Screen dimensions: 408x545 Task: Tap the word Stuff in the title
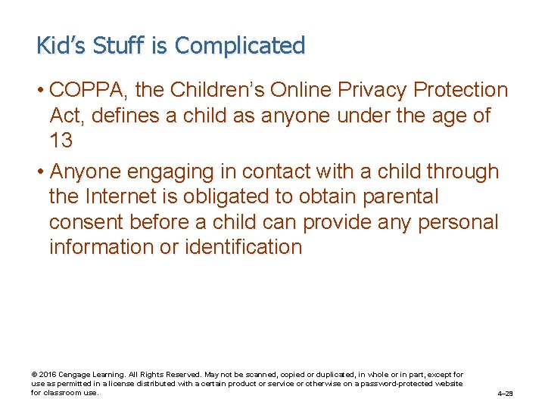point(120,45)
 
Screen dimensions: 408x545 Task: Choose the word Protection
point(461,91)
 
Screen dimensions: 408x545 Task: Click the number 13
point(61,141)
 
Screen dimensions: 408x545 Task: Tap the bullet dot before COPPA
point(40,91)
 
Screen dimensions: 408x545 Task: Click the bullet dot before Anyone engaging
point(40,172)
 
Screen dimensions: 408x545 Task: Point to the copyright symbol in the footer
point(33,375)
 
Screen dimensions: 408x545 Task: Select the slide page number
point(505,394)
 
